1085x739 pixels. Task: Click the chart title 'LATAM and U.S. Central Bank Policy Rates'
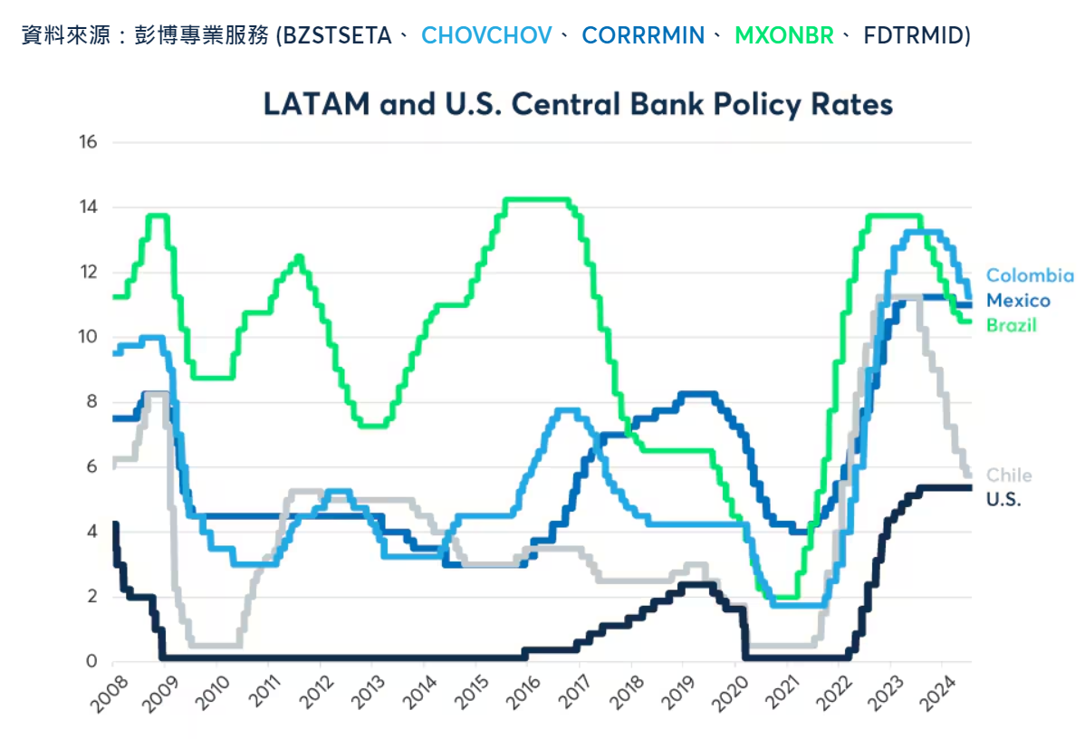click(578, 104)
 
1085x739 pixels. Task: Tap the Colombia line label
click(1030, 276)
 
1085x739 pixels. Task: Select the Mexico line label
click(1018, 301)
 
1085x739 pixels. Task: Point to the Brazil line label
click(1011, 325)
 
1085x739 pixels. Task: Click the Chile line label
click(1008, 475)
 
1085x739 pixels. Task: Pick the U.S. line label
click(1003, 499)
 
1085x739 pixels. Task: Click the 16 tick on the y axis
click(88, 142)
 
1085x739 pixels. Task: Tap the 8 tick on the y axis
click(91, 402)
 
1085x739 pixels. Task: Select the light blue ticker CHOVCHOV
click(486, 36)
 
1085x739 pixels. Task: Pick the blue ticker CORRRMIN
click(643, 36)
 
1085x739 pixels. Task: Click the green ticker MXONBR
click(783, 36)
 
